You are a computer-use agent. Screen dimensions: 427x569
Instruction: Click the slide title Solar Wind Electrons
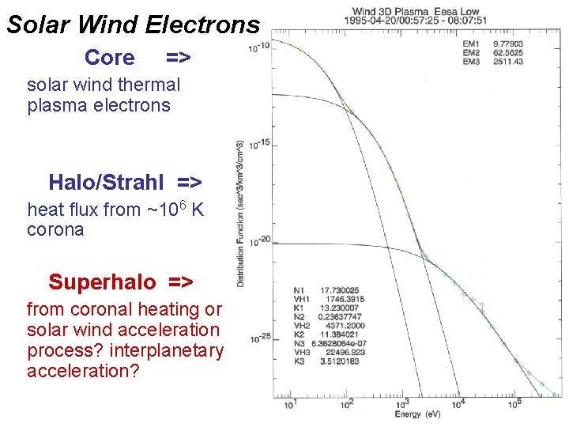click(x=133, y=25)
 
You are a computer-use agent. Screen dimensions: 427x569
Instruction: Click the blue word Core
click(x=109, y=58)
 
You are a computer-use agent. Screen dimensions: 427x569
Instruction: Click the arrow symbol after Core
click(x=179, y=58)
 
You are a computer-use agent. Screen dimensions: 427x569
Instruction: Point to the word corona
click(x=55, y=230)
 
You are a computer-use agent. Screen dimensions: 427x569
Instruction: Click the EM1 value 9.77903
click(x=507, y=45)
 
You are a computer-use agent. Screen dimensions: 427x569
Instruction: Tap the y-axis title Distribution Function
click(x=240, y=213)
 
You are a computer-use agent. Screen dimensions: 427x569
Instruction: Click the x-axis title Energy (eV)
click(x=417, y=414)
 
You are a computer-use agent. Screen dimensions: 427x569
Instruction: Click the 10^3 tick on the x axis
click(x=403, y=404)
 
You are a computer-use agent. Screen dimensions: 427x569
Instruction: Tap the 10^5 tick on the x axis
click(x=515, y=404)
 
